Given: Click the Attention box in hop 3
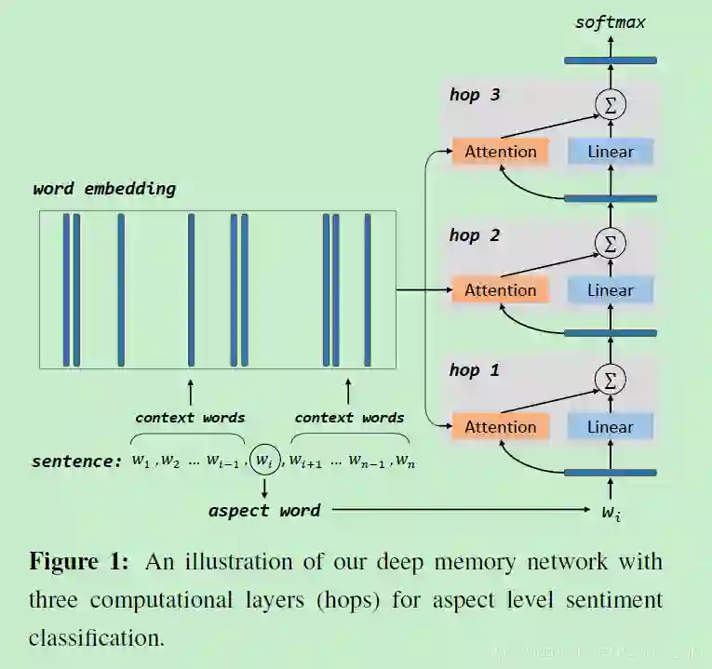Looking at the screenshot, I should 500,152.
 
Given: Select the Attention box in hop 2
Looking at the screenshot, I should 500,290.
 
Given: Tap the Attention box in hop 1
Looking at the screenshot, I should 500,427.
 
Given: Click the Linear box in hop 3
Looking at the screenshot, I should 611,152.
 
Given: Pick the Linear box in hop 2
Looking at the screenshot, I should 611,290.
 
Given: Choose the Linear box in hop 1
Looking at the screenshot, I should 611,427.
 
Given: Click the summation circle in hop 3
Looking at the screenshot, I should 611,105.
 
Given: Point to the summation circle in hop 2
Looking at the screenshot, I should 611,244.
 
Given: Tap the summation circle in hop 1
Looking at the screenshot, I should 611,379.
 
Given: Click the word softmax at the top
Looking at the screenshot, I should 610,21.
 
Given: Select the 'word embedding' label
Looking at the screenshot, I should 104,189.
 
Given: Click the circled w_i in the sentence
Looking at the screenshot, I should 264,460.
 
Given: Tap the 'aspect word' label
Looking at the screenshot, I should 264,511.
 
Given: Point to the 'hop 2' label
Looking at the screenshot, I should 475,235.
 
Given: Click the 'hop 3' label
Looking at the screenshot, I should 475,95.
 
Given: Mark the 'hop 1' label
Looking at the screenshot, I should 475,370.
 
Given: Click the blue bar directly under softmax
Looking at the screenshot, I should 611,60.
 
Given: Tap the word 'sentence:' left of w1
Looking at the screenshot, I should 77,462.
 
